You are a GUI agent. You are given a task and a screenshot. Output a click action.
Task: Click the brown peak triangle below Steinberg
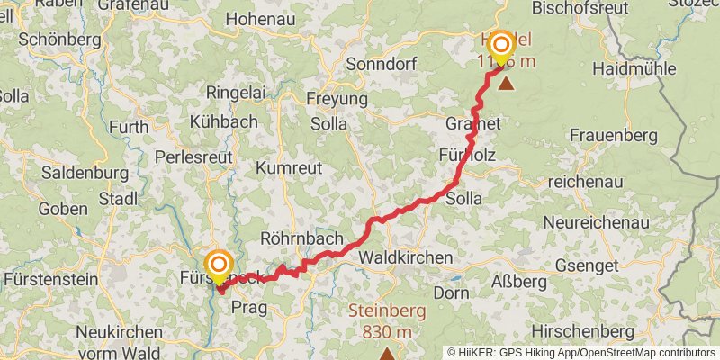387,354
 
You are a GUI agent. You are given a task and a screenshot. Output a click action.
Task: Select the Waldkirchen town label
405,258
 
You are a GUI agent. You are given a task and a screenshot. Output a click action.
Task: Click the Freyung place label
337,98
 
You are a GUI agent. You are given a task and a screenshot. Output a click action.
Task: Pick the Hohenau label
262,18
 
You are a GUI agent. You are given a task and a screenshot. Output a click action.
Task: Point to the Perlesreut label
193,156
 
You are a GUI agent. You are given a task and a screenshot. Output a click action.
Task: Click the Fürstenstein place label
50,280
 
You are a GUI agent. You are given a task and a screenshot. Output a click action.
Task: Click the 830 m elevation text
387,332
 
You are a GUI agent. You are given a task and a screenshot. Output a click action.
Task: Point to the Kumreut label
289,168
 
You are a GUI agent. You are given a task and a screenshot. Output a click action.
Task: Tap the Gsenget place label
587,265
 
